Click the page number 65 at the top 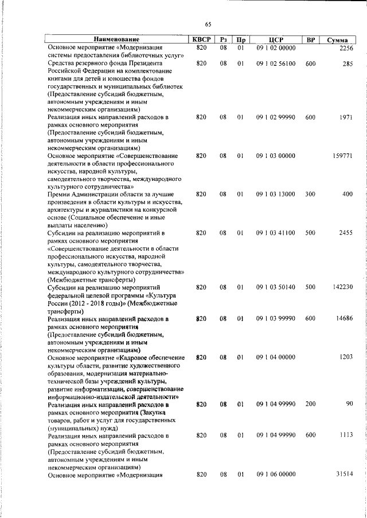208,24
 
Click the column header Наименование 116,39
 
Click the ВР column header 310,39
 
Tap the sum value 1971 345,117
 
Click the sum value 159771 342,156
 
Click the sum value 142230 342,287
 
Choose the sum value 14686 343,318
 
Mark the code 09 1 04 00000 276,357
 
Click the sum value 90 349,404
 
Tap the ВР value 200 310,404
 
